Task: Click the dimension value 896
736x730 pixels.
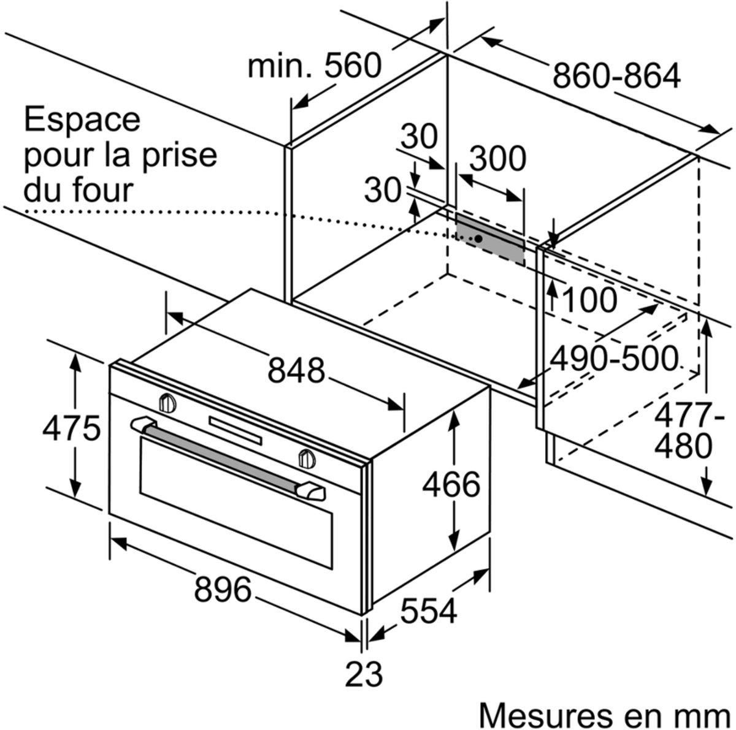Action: pos(223,589)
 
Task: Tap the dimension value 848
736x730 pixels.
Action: pos(296,370)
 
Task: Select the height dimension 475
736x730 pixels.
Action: pos(71,428)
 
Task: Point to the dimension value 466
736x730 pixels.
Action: pos(451,484)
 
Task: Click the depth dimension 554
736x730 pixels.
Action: pos(429,610)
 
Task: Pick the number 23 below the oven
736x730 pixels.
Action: pos(364,674)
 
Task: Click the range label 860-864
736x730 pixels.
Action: pos(616,75)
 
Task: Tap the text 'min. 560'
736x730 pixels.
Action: pos(315,66)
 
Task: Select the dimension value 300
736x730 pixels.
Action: pos(497,159)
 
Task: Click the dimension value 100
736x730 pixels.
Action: pos(589,300)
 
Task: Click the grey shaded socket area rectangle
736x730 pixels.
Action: pos(490,238)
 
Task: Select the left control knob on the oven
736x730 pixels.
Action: pos(167,403)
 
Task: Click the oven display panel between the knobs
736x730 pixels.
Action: pos(236,430)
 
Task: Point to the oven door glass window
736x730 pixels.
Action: pos(236,503)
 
